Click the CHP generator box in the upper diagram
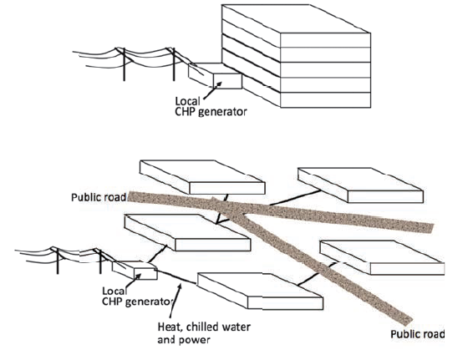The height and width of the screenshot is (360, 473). point(215,75)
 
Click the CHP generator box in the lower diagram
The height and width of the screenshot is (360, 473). point(135,270)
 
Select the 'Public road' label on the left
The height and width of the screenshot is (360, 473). point(99,197)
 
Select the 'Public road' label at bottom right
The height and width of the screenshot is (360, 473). point(418,334)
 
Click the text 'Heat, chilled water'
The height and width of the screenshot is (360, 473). point(204,327)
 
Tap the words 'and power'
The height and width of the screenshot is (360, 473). point(183,340)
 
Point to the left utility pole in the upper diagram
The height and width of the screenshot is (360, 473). point(124,64)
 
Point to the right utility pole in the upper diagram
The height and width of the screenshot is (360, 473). point(174,64)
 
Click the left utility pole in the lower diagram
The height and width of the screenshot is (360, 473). point(58,261)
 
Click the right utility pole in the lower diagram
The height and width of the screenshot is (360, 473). point(100,261)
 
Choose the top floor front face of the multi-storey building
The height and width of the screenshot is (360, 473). point(325,40)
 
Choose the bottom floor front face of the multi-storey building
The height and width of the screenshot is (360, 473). point(325,99)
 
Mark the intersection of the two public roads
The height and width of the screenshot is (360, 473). point(231,208)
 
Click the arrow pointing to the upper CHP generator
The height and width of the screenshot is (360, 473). point(212,90)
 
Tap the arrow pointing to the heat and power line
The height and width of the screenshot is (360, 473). point(175,301)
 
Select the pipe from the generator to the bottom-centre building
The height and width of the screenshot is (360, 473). point(176,276)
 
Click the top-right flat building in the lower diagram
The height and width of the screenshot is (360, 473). point(360,185)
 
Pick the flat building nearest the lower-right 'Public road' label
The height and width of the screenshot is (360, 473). point(382,257)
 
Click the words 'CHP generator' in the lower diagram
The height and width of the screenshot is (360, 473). point(137,302)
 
